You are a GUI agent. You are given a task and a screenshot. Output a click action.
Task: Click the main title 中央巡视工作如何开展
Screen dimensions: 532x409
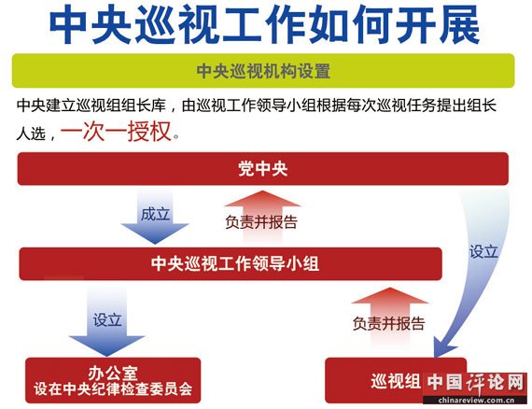(265, 24)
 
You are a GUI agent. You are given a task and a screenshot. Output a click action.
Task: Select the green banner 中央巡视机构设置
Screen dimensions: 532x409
(263, 71)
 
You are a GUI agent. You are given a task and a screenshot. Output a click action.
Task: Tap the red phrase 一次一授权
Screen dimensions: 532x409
(116, 132)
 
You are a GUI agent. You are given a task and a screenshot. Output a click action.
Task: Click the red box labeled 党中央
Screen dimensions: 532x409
(263, 169)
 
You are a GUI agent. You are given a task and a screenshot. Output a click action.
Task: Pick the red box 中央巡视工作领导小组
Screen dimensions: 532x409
(231, 263)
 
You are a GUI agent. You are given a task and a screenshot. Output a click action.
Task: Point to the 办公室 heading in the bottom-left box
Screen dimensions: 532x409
(113, 374)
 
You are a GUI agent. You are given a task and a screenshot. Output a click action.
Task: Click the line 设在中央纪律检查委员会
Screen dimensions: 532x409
(113, 389)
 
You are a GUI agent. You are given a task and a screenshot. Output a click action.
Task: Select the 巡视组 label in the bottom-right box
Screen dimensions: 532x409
(396, 381)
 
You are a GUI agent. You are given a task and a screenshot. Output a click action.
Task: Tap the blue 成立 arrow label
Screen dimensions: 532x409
(155, 214)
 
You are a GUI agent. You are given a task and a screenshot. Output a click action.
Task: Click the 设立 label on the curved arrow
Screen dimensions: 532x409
(483, 251)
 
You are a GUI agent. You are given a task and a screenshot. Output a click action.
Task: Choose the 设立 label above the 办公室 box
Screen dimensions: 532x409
(107, 319)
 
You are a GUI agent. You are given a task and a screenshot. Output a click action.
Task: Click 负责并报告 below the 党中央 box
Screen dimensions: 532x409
(261, 222)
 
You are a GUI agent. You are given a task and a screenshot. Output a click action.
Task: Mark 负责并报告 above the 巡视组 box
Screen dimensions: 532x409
(389, 323)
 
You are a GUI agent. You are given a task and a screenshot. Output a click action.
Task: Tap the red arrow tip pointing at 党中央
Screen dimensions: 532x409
(262, 191)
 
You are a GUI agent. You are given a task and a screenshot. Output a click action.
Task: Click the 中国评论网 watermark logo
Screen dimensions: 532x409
(475, 383)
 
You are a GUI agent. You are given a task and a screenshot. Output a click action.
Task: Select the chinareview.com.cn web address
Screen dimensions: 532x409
(476, 401)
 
